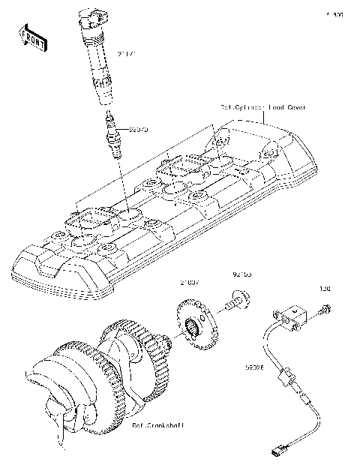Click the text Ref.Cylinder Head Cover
(262, 107)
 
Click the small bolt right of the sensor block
(325, 307)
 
